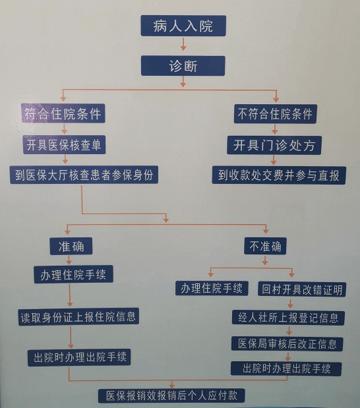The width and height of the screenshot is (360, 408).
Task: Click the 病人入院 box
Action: pos(183,26)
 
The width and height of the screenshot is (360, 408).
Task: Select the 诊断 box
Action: pos(183,66)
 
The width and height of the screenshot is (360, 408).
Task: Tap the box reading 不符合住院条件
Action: pos(275,114)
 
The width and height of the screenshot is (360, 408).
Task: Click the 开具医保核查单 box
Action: pos(64,144)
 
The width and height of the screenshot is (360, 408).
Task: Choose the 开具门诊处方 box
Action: pos(274,145)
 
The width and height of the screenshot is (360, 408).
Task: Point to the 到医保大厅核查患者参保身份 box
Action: pos(84,175)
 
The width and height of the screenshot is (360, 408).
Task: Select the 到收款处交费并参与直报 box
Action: pos(279,175)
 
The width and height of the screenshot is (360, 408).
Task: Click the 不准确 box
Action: pos(265,246)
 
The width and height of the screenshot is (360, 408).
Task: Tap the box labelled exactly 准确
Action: pos(71,246)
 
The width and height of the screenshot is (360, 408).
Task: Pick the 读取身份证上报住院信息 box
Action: pos(78,316)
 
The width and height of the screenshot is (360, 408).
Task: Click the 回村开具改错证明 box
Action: pos(302,289)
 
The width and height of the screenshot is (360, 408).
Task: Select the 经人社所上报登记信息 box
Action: pos(288,318)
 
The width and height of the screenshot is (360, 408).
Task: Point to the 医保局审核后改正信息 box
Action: pos(287,343)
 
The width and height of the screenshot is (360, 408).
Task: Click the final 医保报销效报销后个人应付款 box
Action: pos(171,395)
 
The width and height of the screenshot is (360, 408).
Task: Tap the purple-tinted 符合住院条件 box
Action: pos(63,113)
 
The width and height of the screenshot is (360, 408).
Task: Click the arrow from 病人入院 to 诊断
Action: pos(183,44)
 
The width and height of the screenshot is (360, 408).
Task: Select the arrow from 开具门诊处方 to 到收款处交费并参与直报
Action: pos(274,160)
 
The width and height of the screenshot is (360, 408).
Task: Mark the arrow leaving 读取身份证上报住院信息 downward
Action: pos(71,337)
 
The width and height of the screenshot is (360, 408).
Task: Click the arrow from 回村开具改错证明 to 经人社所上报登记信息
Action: pos(290,303)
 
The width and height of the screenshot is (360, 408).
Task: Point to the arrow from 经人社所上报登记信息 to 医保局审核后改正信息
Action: pos(289,330)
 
